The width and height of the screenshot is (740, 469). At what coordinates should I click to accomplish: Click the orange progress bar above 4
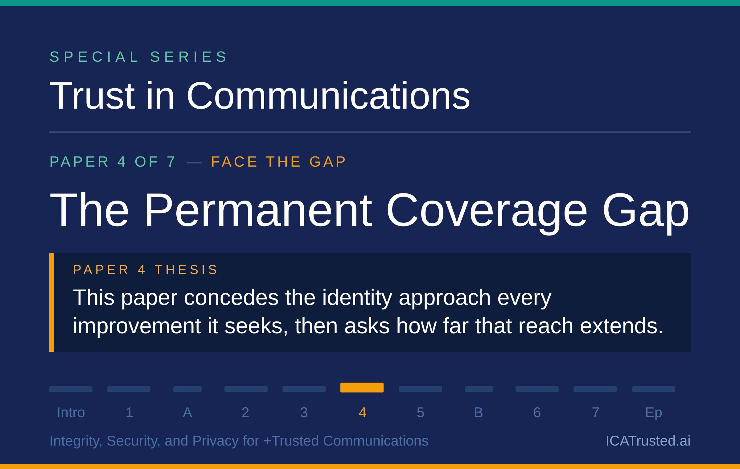click(362, 388)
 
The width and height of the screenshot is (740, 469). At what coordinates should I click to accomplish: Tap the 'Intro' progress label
click(71, 413)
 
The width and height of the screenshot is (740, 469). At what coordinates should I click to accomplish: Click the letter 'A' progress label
click(187, 413)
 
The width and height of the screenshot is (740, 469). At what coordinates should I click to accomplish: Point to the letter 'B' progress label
click(479, 413)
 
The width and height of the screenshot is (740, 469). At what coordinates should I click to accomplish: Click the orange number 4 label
click(363, 413)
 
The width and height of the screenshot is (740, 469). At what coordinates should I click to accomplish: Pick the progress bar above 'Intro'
click(71, 389)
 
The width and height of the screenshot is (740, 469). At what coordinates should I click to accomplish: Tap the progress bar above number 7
click(595, 389)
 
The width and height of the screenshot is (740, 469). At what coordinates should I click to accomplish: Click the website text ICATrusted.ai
click(648, 441)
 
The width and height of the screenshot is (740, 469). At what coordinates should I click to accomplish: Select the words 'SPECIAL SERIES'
click(138, 57)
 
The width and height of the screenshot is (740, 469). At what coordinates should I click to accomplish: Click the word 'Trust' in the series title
click(92, 95)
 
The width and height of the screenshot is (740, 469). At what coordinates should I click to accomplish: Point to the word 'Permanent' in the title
click(258, 210)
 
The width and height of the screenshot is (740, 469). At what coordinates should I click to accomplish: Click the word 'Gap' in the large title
click(646, 213)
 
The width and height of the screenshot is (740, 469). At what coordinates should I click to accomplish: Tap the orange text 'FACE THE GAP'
click(279, 162)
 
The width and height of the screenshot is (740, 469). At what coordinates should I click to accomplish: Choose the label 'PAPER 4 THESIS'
click(146, 270)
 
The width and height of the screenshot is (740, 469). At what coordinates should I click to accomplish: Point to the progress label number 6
click(537, 413)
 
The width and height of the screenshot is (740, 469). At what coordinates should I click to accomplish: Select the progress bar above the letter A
click(187, 389)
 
